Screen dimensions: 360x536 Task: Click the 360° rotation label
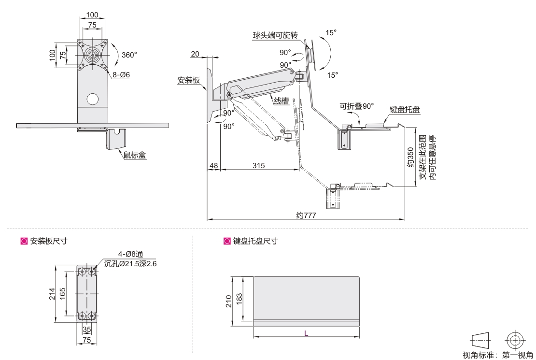coord(129,55)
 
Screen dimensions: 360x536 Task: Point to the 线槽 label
coord(282,101)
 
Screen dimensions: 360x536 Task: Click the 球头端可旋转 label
coord(275,36)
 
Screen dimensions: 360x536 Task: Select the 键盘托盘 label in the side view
coord(404,110)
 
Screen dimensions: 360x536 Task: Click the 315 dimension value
coord(258,166)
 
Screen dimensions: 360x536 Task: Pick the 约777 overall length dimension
coord(306,216)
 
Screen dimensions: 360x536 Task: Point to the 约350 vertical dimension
coord(409,157)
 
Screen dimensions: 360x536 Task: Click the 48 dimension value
coord(213,166)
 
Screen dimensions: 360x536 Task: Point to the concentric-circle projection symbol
coord(515,340)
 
